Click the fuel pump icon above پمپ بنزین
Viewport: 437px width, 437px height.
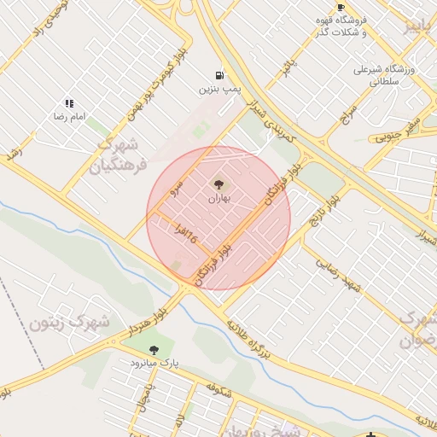pyautogui.click(x=221, y=75)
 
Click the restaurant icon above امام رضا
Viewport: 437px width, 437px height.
pyautogui.click(x=68, y=102)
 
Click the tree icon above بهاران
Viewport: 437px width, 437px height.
pyautogui.click(x=219, y=184)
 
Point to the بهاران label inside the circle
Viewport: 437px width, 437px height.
pyautogui.click(x=219, y=198)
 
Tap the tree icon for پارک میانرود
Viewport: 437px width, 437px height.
pyautogui.click(x=154, y=349)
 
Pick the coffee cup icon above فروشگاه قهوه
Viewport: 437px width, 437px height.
pyautogui.click(x=341, y=7)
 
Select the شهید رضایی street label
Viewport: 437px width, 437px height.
pyautogui.click(x=339, y=276)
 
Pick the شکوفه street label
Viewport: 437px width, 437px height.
pyautogui.click(x=217, y=388)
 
